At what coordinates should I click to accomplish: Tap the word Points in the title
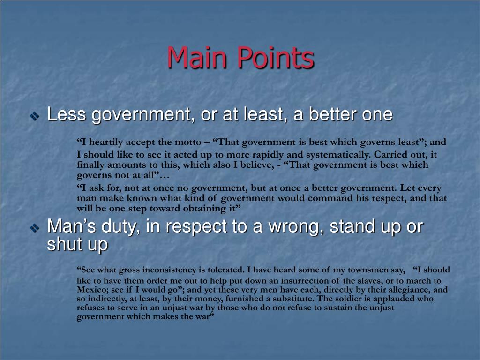click(x=275, y=58)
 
